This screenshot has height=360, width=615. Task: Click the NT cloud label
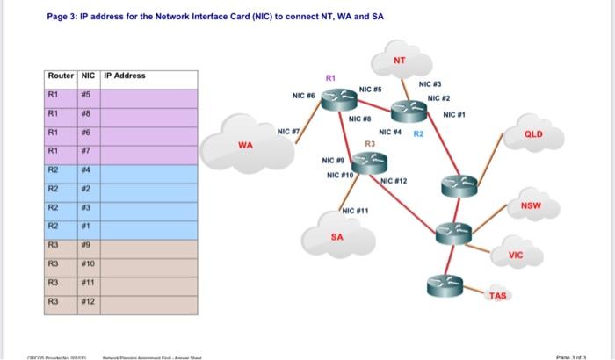[x=399, y=61]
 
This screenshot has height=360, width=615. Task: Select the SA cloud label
[x=338, y=236]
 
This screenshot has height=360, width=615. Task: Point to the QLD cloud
[x=533, y=136]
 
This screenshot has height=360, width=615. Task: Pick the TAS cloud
[x=497, y=296]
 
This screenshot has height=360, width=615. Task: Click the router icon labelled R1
[x=334, y=102]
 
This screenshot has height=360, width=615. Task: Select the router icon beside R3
[x=367, y=160]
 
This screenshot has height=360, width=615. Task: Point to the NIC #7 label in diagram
[x=288, y=132]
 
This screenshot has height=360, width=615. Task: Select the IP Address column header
[x=125, y=76]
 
